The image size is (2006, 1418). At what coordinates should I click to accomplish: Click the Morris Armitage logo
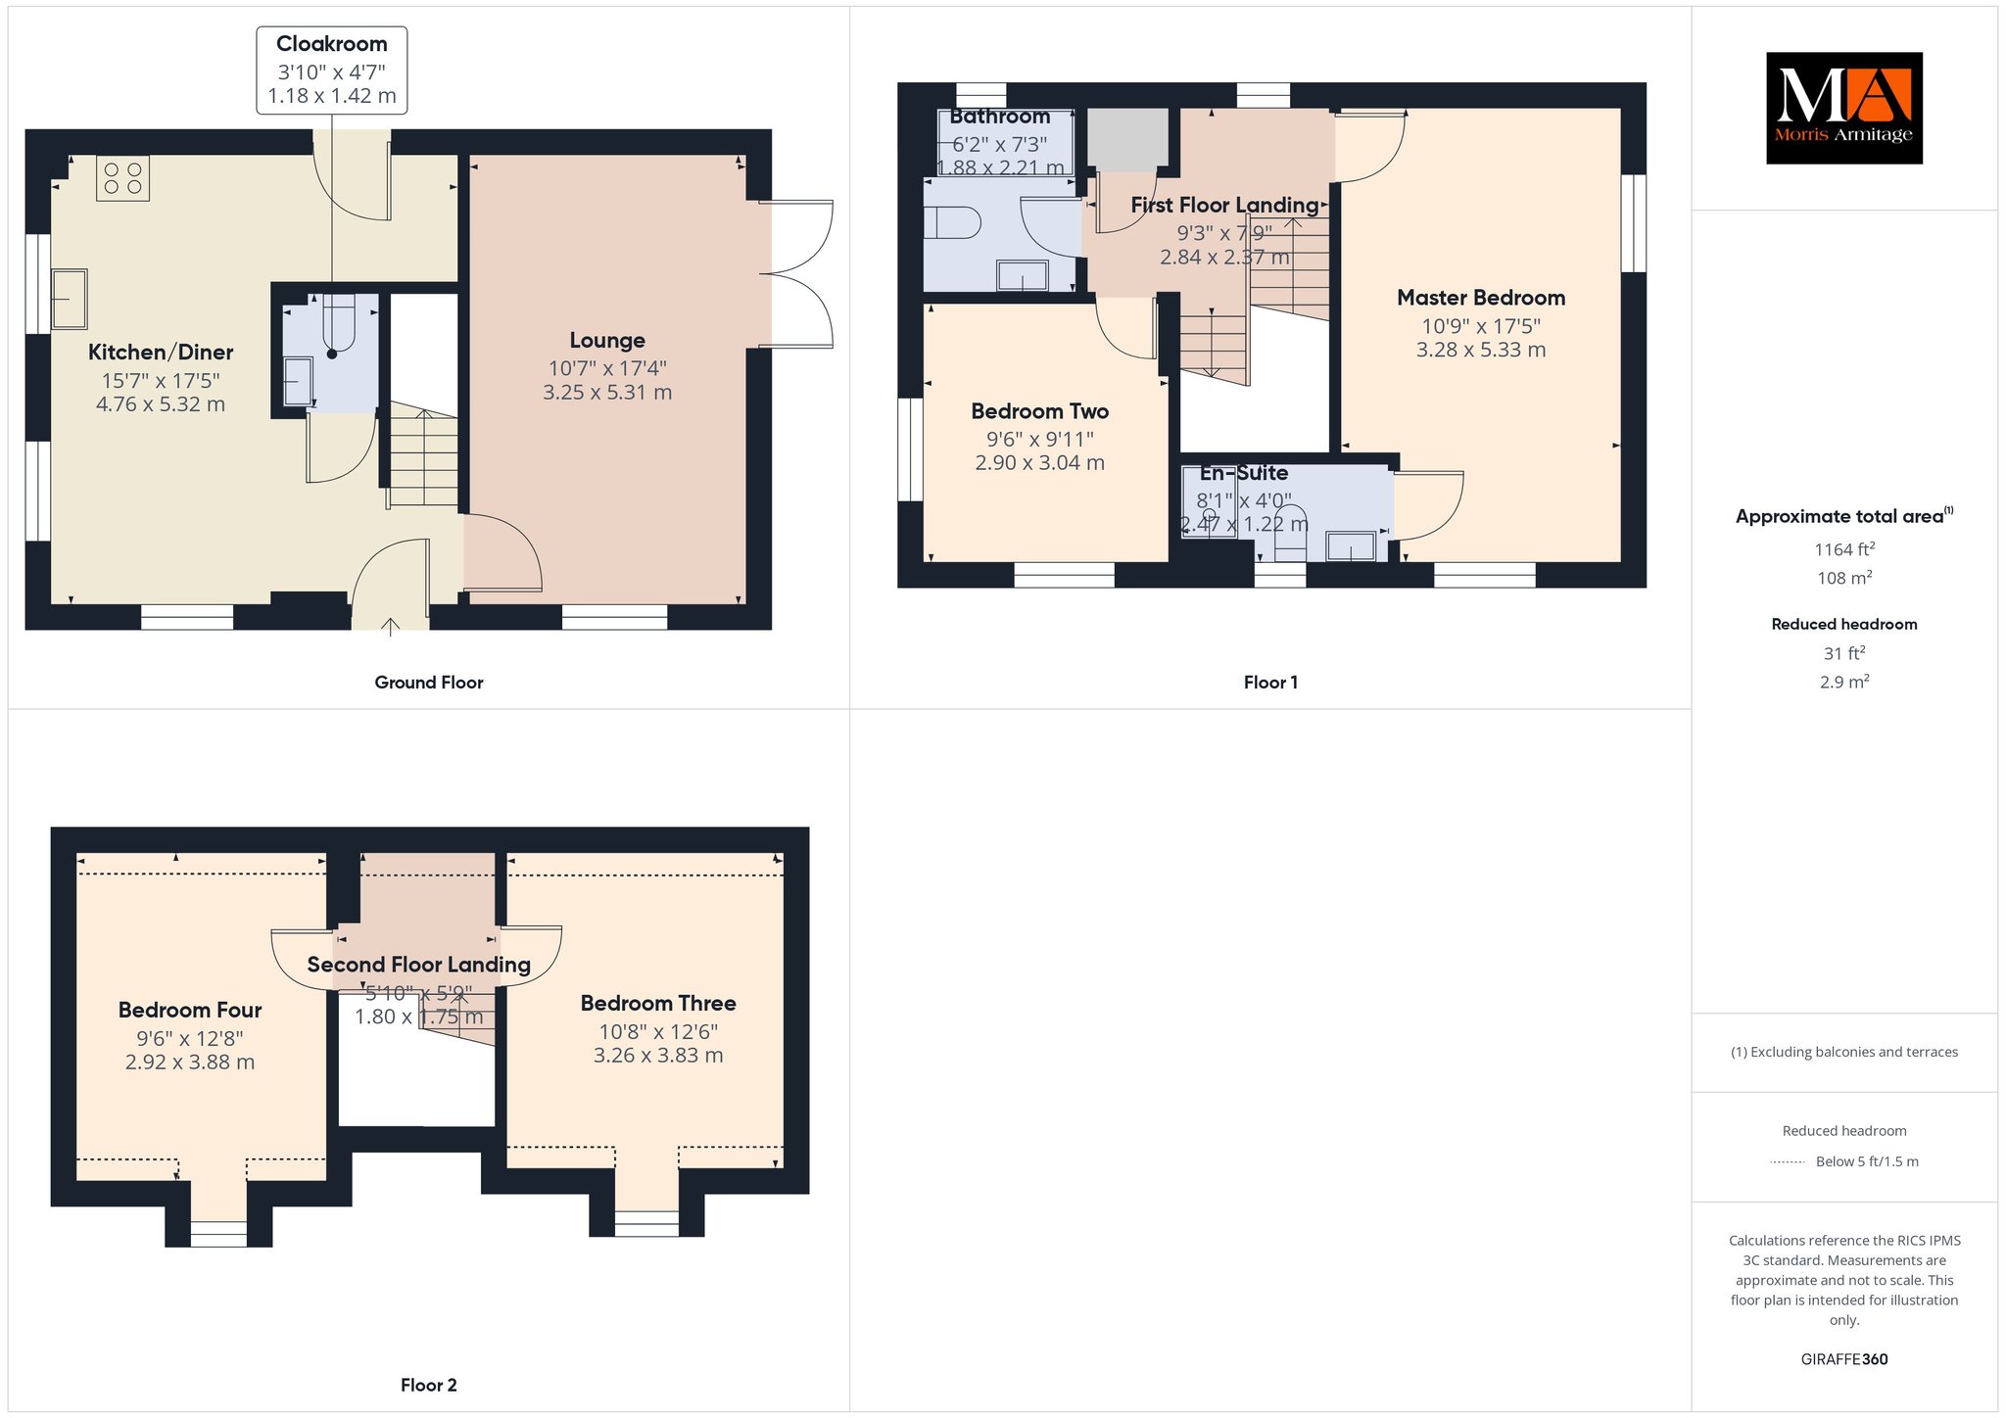[x=1843, y=108]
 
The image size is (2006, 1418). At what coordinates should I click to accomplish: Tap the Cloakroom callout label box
[x=332, y=71]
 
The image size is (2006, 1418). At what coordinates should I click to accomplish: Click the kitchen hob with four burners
[x=122, y=178]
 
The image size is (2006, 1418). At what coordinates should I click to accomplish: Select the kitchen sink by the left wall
[x=70, y=299]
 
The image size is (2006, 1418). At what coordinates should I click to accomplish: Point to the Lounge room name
[x=607, y=341]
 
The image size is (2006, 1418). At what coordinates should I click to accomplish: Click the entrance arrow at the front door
[x=390, y=627]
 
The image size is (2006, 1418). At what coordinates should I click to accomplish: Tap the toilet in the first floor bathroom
[x=952, y=223]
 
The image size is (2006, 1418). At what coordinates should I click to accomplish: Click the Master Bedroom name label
[x=1481, y=298]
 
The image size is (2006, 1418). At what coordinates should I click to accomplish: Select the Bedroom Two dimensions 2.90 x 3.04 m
[x=1039, y=463]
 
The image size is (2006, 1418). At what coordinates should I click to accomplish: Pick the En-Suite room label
[x=1244, y=473]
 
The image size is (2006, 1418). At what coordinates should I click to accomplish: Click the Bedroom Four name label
[x=190, y=1010]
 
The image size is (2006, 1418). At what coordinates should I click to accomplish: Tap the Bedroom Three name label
[x=658, y=1004]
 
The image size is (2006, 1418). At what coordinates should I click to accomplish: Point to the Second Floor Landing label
[x=419, y=965]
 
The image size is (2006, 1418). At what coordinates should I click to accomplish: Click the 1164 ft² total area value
[x=1844, y=549]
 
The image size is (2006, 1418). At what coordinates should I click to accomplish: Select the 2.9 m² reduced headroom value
[x=1844, y=682]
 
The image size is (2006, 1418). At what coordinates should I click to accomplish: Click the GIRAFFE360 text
[x=1844, y=1359]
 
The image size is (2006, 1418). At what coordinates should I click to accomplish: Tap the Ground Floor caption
[x=429, y=683]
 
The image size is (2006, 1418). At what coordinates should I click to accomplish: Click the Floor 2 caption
[x=429, y=1385]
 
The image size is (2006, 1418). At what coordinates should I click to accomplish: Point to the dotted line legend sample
[x=1788, y=1162]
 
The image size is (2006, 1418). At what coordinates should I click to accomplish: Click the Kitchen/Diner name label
[x=161, y=353]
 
